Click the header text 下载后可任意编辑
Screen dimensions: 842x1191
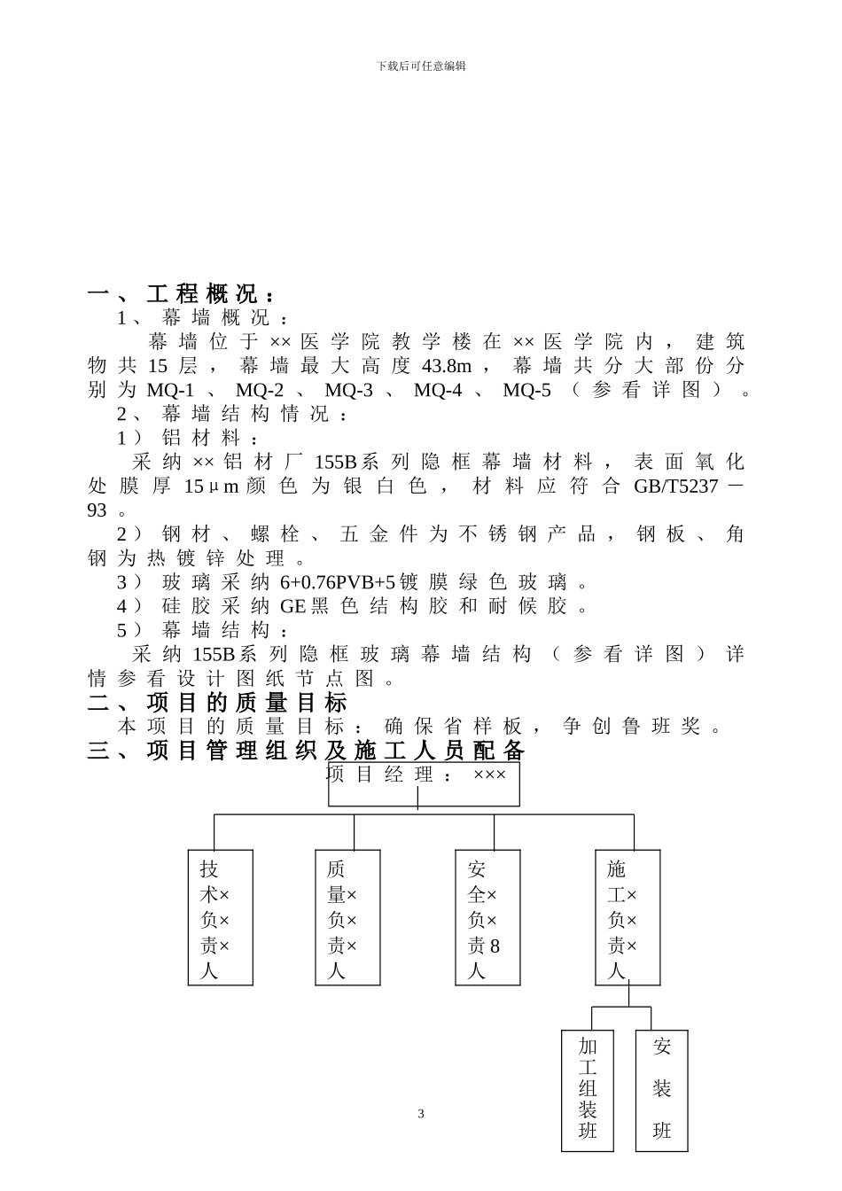(x=421, y=66)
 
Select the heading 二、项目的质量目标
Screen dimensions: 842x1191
(x=218, y=704)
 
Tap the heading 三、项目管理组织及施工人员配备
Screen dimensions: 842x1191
(x=307, y=751)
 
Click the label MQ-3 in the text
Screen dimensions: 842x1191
(x=348, y=390)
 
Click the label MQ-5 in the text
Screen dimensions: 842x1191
(x=526, y=390)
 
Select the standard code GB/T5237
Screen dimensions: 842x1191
(x=675, y=487)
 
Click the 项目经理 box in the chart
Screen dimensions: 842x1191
(x=424, y=783)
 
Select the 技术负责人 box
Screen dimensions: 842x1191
(x=221, y=918)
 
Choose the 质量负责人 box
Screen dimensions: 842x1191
(x=347, y=918)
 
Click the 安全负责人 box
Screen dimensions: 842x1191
(x=487, y=918)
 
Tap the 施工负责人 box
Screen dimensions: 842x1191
(x=628, y=918)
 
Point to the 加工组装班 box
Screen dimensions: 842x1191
(x=587, y=1090)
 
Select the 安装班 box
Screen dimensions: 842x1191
(x=662, y=1090)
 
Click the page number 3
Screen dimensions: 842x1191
(x=421, y=1114)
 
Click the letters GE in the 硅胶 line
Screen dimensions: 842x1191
(x=292, y=607)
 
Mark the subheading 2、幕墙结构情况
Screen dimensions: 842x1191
(x=234, y=414)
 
